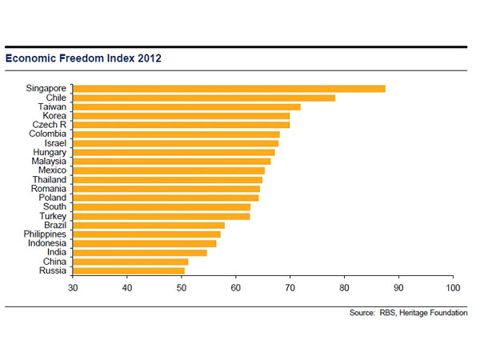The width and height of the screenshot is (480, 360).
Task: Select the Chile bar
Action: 204,98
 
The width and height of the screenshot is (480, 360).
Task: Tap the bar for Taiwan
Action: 187,106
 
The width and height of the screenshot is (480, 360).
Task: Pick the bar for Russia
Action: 129,270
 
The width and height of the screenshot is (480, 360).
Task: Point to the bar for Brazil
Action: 149,225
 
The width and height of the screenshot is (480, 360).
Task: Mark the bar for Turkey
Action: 162,216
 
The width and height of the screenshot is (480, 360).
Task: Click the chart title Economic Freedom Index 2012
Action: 86,58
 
